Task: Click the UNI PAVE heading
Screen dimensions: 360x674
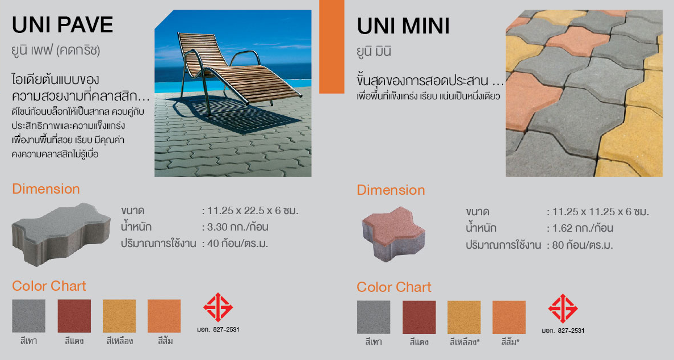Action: (63, 25)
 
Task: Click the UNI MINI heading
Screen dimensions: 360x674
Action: (403, 26)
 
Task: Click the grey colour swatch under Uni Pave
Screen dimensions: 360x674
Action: (29, 316)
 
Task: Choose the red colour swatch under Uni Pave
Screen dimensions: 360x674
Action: (74, 316)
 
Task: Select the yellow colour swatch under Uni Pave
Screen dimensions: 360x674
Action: (119, 316)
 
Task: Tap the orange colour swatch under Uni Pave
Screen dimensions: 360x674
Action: (164, 316)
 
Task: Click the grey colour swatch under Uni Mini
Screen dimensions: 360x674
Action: (374, 317)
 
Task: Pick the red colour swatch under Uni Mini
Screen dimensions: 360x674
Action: (419, 317)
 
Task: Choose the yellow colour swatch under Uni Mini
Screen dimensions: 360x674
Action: (464, 317)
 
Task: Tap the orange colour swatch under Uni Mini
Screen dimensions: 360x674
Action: (509, 317)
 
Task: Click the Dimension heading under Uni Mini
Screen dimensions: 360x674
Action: (391, 190)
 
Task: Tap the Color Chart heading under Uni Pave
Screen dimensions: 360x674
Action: (49, 286)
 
